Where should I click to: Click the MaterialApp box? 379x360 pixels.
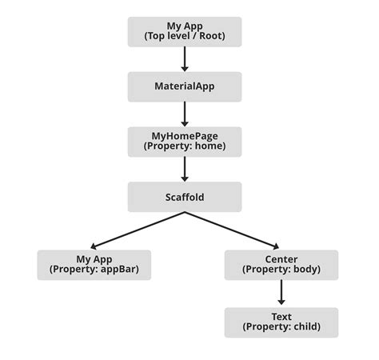click(185, 86)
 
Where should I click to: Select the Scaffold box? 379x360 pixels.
click(185, 196)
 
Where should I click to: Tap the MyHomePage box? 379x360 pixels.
click(185, 141)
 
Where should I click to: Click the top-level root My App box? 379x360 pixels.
click(185, 32)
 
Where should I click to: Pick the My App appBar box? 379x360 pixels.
click(94, 264)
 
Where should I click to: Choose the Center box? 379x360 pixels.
click(281, 264)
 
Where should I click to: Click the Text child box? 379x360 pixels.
click(281, 322)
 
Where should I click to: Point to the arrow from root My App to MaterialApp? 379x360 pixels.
click(185, 59)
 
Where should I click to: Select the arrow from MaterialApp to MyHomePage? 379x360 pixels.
click(185, 114)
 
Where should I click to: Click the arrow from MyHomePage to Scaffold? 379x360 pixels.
click(185, 169)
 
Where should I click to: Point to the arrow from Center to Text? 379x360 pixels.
click(281, 293)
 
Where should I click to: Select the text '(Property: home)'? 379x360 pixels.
click(185, 146)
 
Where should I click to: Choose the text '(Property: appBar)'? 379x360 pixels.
click(94, 270)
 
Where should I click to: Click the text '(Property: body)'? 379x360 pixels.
click(281, 270)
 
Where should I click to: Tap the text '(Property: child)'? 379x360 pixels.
click(281, 327)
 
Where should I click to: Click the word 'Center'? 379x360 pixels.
click(281, 259)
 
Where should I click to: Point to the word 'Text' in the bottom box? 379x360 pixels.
click(281, 317)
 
